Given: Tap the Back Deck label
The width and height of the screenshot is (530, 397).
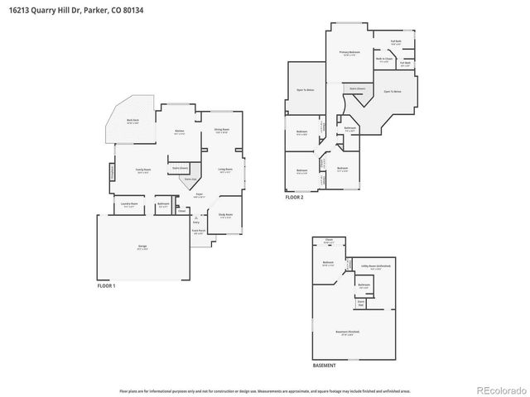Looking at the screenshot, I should click(132, 121).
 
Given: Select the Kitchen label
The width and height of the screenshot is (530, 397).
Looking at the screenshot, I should click(179, 131).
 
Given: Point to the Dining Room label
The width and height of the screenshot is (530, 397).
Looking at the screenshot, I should click(221, 129).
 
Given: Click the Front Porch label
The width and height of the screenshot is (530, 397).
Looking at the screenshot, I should click(198, 232).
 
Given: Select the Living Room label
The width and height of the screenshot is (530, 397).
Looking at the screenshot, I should click(224, 170).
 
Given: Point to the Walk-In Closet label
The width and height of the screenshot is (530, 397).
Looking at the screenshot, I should click(383, 60).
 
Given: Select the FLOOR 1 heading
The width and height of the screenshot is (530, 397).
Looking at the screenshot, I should click(106, 285).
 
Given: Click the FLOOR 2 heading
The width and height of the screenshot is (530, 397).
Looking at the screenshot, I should click(295, 197).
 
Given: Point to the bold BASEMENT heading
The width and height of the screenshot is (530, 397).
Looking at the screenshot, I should click(324, 365).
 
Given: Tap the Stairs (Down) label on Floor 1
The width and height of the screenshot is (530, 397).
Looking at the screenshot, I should click(179, 167).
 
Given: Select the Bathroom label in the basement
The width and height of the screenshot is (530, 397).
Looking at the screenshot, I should click(364, 285).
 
